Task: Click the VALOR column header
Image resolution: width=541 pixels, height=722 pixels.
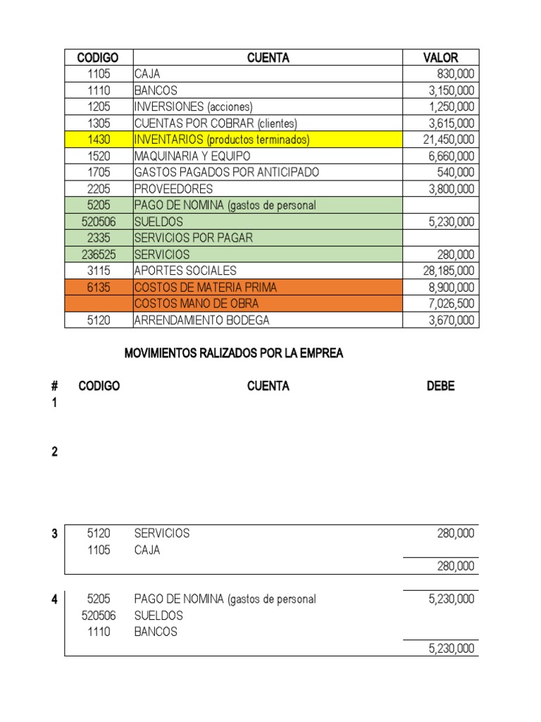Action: (x=440, y=58)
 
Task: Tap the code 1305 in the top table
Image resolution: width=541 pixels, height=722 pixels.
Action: (x=99, y=123)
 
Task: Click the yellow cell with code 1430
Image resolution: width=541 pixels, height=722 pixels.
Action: (x=99, y=140)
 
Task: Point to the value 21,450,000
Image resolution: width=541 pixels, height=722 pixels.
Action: (x=449, y=140)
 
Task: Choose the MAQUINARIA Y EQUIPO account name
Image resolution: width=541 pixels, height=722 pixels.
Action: (x=192, y=156)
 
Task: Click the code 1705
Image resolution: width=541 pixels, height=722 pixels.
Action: (x=99, y=172)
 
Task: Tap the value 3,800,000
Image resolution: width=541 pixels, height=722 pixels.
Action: (x=452, y=189)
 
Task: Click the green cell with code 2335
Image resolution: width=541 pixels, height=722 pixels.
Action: (x=99, y=238)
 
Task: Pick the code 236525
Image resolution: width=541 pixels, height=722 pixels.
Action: (x=99, y=255)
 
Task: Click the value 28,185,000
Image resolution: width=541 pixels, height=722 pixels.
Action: (x=449, y=271)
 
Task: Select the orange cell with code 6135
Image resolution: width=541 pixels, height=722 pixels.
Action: (x=99, y=287)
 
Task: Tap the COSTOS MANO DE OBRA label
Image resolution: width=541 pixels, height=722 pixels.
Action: (x=196, y=303)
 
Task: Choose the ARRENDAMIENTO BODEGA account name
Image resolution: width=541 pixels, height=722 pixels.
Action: (x=201, y=320)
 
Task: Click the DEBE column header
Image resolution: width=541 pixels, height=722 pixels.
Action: (x=440, y=386)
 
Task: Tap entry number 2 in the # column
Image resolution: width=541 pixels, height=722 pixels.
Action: (x=54, y=452)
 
